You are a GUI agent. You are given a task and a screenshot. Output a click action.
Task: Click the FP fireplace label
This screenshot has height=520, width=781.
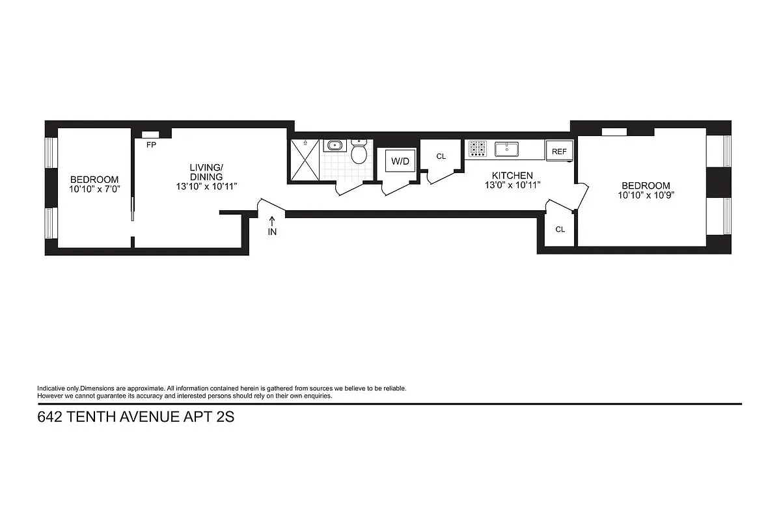[x=151, y=145]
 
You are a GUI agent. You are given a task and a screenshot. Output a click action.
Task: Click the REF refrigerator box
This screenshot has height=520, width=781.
[x=559, y=150]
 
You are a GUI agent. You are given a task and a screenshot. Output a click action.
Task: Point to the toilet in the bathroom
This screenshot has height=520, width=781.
[x=359, y=152]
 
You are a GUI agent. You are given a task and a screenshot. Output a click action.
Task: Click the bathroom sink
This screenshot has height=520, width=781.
[x=335, y=145]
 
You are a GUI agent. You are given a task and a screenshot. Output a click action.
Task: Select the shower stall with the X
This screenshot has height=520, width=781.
[x=305, y=159]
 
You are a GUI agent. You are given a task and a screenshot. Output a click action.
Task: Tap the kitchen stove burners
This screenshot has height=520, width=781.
[x=477, y=149]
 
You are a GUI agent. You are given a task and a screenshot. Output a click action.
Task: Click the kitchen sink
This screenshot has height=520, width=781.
[x=506, y=149]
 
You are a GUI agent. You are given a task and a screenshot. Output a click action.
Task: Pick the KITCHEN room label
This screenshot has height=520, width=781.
[x=512, y=176]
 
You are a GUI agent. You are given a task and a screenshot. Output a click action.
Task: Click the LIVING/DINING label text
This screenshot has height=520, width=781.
[x=206, y=172]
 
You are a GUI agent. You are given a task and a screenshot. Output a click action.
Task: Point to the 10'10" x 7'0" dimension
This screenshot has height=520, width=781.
[x=94, y=189]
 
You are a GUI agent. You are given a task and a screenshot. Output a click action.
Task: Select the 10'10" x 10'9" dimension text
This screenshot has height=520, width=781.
[x=645, y=195]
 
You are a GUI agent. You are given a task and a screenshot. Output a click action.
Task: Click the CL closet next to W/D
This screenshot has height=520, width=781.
[x=441, y=156]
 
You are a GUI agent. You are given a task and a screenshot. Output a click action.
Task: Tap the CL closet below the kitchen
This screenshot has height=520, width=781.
[x=560, y=229]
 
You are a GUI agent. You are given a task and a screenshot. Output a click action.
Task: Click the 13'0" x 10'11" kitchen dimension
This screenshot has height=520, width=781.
[x=512, y=185]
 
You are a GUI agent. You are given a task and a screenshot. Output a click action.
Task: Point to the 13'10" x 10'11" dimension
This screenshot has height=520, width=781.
[x=206, y=186]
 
